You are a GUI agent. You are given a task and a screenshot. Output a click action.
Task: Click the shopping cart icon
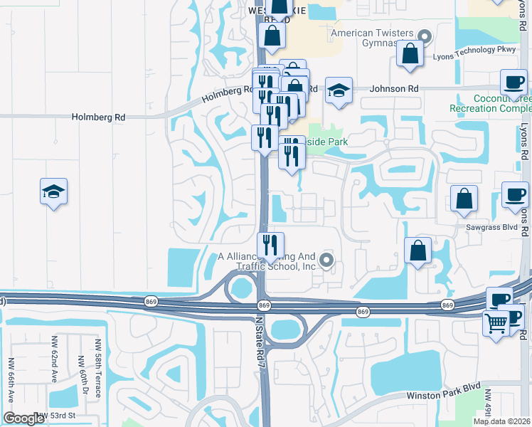pos(496,323)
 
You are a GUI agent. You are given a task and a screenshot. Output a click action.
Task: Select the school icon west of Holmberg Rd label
pos(54,191)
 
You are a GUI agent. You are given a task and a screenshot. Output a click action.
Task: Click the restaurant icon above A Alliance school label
pos(270,246)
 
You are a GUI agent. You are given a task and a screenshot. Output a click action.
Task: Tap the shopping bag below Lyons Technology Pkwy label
pos(410,53)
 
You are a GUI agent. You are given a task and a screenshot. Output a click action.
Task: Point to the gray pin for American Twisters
pos(425,36)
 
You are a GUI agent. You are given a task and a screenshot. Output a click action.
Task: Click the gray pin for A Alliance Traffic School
pos(326,260)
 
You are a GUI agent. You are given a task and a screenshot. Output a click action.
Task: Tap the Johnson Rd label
pos(393,89)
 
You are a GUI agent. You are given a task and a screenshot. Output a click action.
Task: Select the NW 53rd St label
pos(57,416)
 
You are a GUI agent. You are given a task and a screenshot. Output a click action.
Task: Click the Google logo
pos(23,418)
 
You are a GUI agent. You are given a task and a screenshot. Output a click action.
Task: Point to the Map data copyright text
pos(502,421)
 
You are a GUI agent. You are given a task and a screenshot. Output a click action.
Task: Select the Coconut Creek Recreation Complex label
pos(491,103)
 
